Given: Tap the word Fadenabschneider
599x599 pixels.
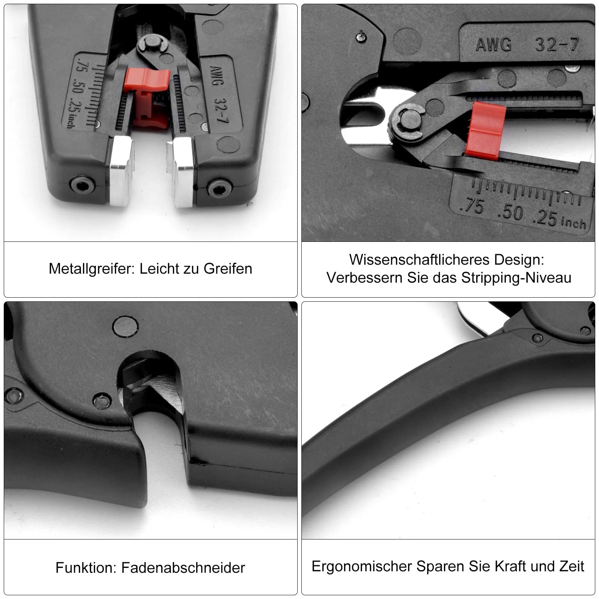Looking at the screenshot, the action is click(x=183, y=568).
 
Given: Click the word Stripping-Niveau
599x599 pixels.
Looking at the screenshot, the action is click(x=516, y=278).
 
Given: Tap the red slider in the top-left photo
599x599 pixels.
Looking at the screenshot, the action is click(x=147, y=97).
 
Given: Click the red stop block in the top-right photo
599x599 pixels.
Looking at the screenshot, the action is click(x=485, y=130).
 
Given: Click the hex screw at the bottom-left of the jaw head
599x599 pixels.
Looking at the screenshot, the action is click(x=82, y=185).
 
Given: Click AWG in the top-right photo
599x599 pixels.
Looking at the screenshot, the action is click(x=494, y=45).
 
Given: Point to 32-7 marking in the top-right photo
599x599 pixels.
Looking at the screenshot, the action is click(x=557, y=45).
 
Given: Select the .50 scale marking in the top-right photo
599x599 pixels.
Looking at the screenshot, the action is click(x=510, y=212).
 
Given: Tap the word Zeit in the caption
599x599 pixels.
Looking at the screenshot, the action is click(x=572, y=566).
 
